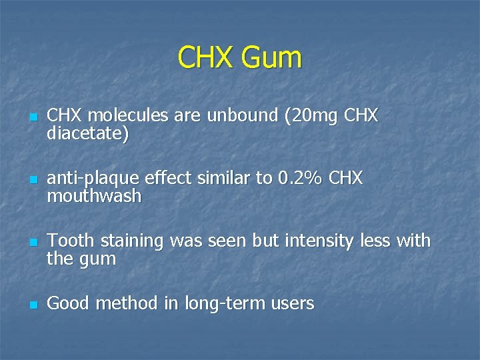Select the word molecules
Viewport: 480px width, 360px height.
pos(124,116)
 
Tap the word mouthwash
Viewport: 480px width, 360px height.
pos(94,196)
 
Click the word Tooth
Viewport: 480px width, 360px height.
pos(69,241)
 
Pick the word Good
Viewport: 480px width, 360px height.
pos(69,304)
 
